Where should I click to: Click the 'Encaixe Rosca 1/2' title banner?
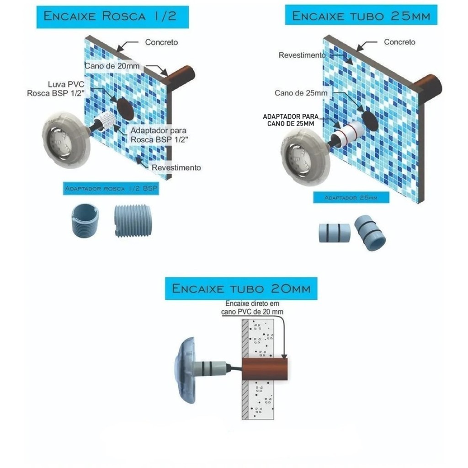[x=112, y=17]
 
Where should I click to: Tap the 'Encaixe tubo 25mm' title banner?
[x=361, y=15]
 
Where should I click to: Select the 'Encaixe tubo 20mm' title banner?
[x=241, y=288]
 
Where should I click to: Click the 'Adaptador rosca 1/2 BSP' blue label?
[x=111, y=188]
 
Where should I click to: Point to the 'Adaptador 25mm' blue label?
[x=351, y=197]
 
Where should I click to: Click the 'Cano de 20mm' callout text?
[x=112, y=66]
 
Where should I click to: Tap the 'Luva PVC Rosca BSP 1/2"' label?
[x=56, y=89]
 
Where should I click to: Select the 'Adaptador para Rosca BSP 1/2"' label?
[x=159, y=135]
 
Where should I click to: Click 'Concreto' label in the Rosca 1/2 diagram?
[x=161, y=43]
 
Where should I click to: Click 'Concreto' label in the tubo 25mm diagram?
[x=399, y=42]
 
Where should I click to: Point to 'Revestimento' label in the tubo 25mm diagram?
[x=302, y=55]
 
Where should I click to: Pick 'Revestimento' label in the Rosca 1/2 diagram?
[x=176, y=168]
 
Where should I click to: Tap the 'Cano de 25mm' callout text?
[x=301, y=93]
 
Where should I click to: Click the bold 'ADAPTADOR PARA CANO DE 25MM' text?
[x=291, y=120]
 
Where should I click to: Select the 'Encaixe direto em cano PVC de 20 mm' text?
[x=252, y=308]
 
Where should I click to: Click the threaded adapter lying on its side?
[x=133, y=221]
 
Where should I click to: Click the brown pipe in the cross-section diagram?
[x=265, y=369]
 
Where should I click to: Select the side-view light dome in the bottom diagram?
[x=185, y=370]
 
